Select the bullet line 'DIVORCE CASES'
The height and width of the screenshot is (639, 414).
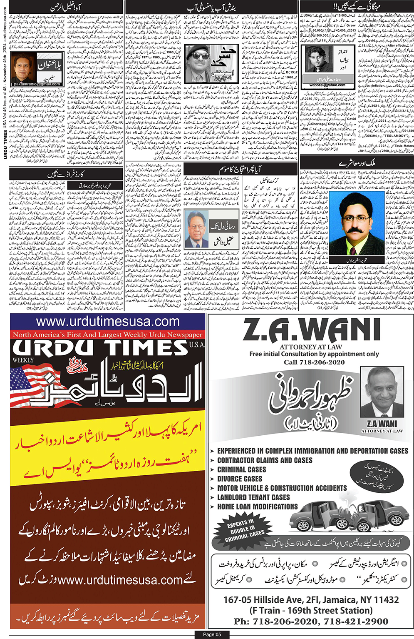240,479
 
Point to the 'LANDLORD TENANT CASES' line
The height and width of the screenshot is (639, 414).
253,497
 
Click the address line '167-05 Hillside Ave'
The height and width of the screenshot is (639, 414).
311,600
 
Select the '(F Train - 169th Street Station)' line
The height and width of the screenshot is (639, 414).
311,611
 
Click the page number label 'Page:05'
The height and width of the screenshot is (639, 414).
212,634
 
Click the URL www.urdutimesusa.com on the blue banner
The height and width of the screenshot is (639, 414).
108,322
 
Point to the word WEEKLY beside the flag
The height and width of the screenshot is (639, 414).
23,360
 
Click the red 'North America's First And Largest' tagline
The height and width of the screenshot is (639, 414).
108,335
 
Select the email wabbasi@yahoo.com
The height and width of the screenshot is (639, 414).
327,85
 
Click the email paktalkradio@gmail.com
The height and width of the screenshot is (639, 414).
37,84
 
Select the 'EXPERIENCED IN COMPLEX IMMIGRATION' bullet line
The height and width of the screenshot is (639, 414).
312,451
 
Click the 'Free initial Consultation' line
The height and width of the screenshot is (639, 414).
314,354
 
